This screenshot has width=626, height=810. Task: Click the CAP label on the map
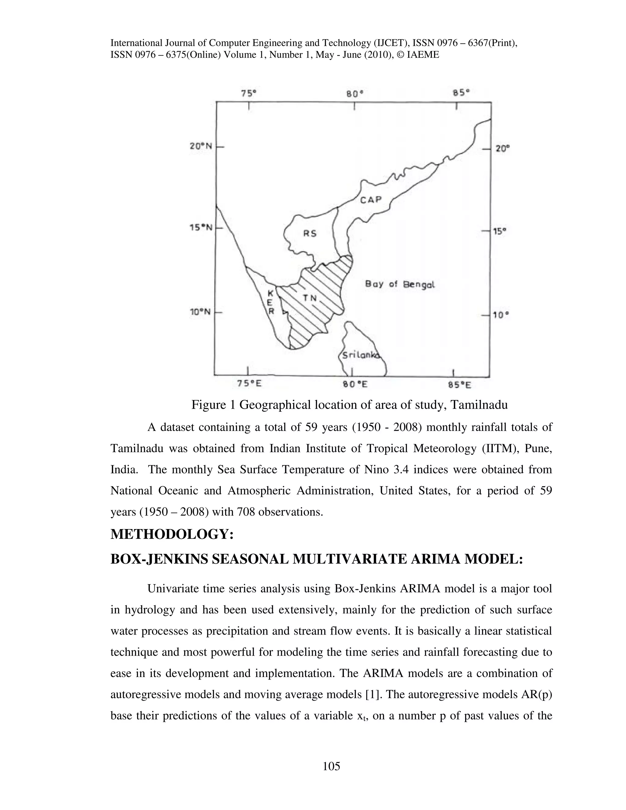click(x=371, y=200)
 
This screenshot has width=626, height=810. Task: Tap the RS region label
click(x=310, y=233)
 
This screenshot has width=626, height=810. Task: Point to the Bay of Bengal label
click(x=400, y=285)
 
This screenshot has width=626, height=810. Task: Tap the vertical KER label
click(x=271, y=302)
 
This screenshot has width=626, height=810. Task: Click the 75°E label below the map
click(x=249, y=384)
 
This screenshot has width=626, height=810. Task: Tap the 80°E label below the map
click(x=355, y=385)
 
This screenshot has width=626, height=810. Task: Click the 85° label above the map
click(x=461, y=92)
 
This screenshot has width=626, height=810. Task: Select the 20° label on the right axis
click(x=503, y=149)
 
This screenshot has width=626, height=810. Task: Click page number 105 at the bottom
click(x=331, y=766)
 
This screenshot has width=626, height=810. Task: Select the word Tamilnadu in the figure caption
click(x=478, y=405)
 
